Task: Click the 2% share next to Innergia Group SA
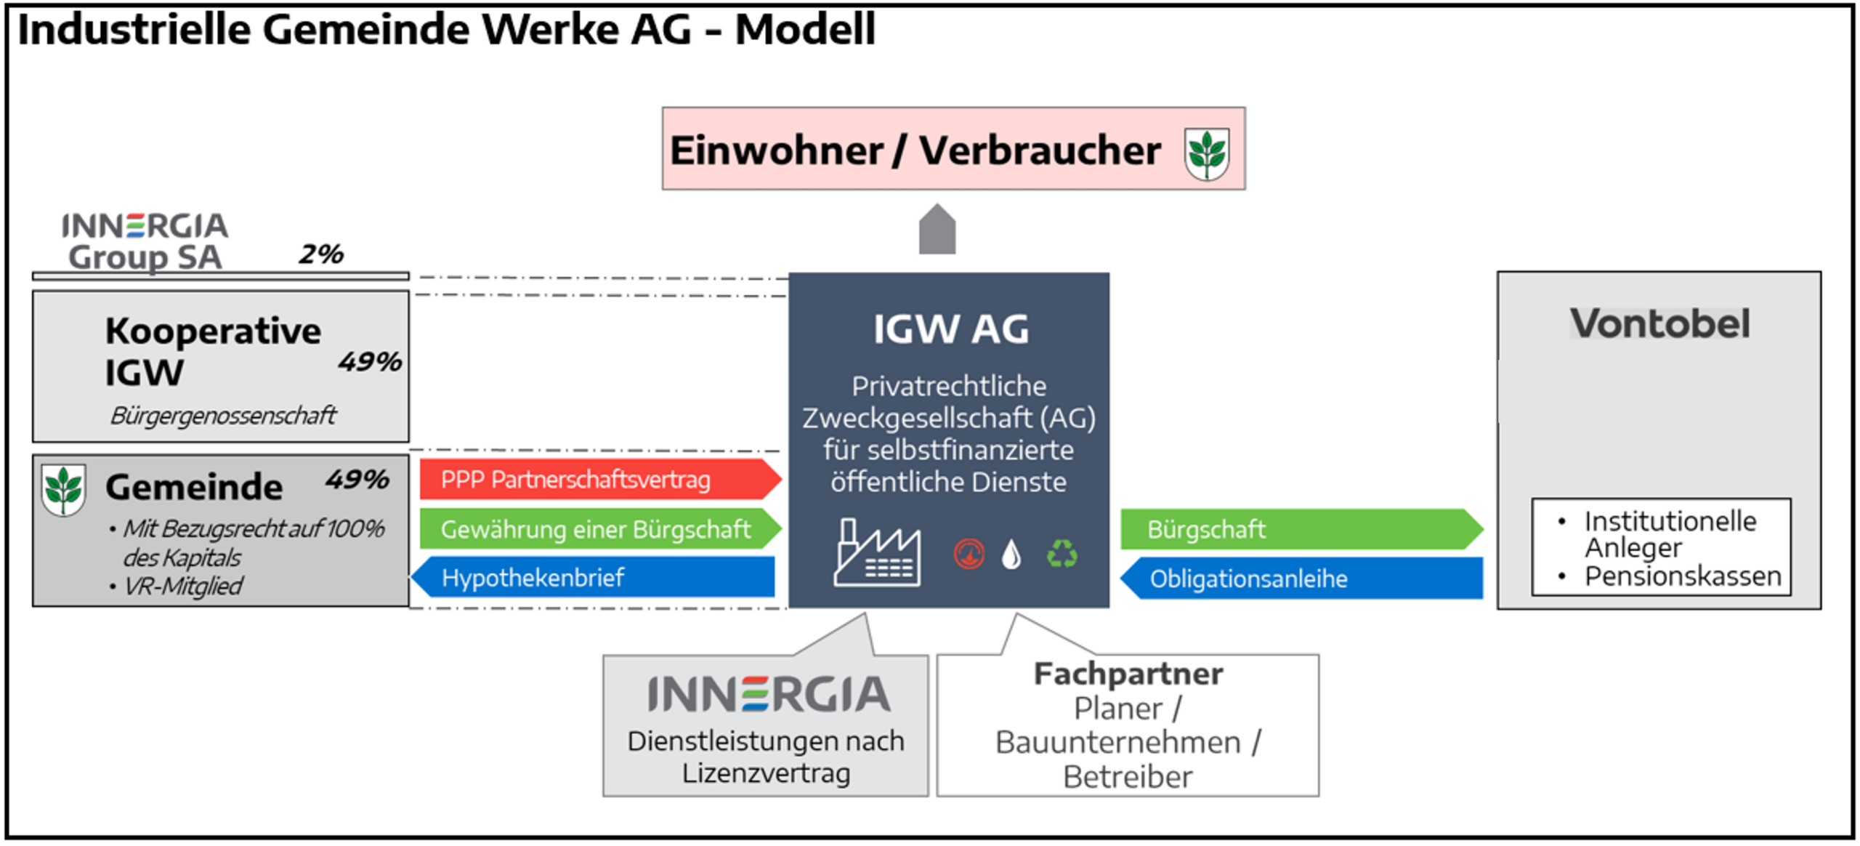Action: click(x=321, y=254)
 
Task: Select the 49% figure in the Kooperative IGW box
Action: click(x=370, y=361)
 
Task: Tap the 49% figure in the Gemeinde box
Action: click(x=357, y=479)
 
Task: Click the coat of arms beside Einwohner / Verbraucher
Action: click(x=1206, y=153)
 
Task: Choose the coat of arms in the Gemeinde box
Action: click(x=63, y=490)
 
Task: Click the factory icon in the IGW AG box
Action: click(x=877, y=554)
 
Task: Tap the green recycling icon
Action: click(x=1062, y=554)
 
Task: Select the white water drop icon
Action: click(x=1011, y=555)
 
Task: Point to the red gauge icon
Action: click(x=969, y=555)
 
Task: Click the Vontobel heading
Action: click(x=1659, y=323)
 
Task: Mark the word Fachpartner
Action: click(x=1128, y=674)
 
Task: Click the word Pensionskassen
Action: click(x=1683, y=576)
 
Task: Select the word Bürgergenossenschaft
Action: click(x=223, y=415)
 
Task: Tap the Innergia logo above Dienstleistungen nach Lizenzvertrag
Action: click(x=768, y=694)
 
